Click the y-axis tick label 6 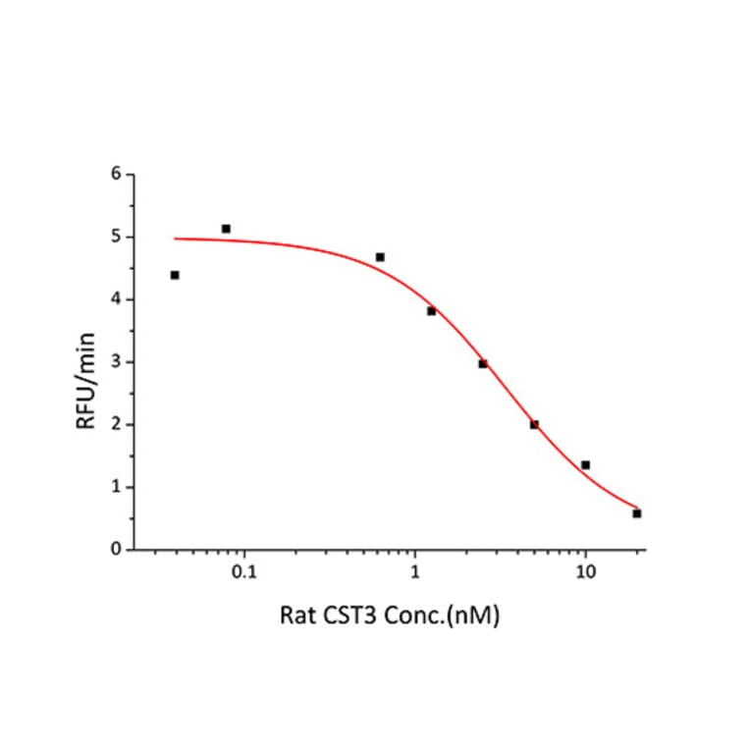click(117, 175)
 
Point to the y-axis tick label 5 click(117, 238)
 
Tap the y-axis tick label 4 click(117, 300)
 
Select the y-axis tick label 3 click(117, 363)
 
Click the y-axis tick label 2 click(117, 425)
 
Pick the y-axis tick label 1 click(117, 488)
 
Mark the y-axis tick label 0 click(117, 550)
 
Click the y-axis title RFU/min click(85, 363)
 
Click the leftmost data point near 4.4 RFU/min click(175, 275)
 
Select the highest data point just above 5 click(226, 229)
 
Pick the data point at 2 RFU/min click(534, 424)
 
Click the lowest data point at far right click(637, 513)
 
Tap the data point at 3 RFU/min click(483, 363)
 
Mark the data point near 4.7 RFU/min click(380, 257)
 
